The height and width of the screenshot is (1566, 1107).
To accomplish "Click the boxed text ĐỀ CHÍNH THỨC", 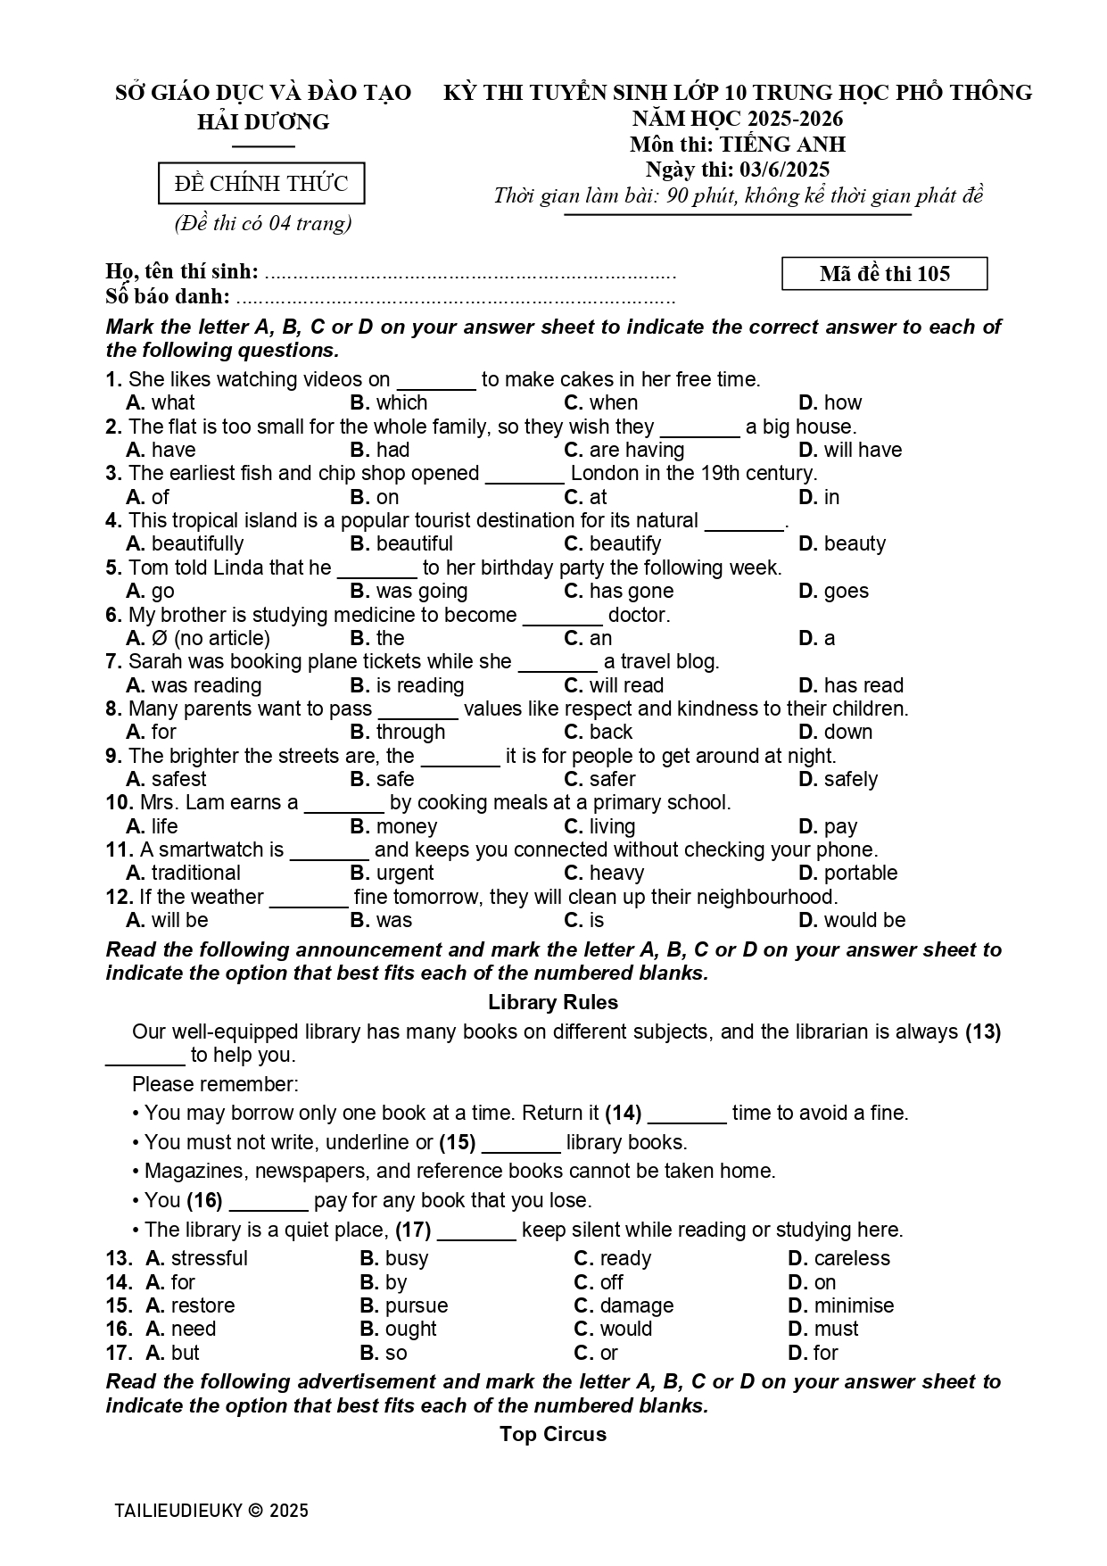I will coord(261,184).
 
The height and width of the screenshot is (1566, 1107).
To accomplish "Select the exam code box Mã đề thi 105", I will coord(884,274).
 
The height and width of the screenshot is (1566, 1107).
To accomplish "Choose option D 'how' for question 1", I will coord(830,402).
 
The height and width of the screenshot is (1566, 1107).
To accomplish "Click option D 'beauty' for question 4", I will coord(842,543).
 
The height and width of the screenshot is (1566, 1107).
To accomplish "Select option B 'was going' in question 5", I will coord(409,591).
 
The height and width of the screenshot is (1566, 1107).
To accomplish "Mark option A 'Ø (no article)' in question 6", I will coord(198,638).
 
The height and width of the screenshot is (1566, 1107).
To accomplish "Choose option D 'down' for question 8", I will coord(836,732).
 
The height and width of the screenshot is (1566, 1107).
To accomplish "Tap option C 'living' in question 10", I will coord(600,826).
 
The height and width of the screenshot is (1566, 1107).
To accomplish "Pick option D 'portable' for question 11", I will coord(848,873).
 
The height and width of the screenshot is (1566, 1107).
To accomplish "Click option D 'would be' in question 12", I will coord(852,920).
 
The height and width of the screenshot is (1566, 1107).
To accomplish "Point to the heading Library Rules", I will coord(553,1002).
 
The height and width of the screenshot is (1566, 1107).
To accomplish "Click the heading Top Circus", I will coord(553,1434).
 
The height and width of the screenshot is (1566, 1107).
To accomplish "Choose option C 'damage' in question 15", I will coord(624,1305).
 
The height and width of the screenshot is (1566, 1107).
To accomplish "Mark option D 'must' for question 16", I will coord(823,1329).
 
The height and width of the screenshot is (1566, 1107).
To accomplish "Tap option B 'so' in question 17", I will coord(384,1353).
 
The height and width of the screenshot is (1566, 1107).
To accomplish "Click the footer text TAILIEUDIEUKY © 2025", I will coord(211,1511).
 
